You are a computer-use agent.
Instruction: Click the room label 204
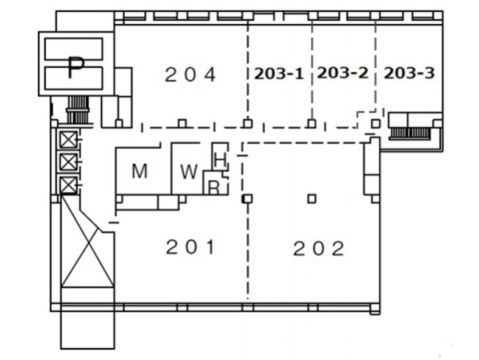pos(191,75)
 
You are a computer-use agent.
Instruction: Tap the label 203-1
pos(279,74)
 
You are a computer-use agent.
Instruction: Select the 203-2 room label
pos(343,73)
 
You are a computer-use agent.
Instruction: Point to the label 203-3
pos(409,73)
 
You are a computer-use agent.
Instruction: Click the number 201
pos(191,247)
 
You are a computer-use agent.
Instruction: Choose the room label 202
pos(319,249)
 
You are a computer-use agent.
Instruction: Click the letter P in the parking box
pos(75,68)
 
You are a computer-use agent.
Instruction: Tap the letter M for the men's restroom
pos(140,171)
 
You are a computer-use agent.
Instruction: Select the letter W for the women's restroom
pos(189,171)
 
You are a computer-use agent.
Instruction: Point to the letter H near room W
pos(220,160)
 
